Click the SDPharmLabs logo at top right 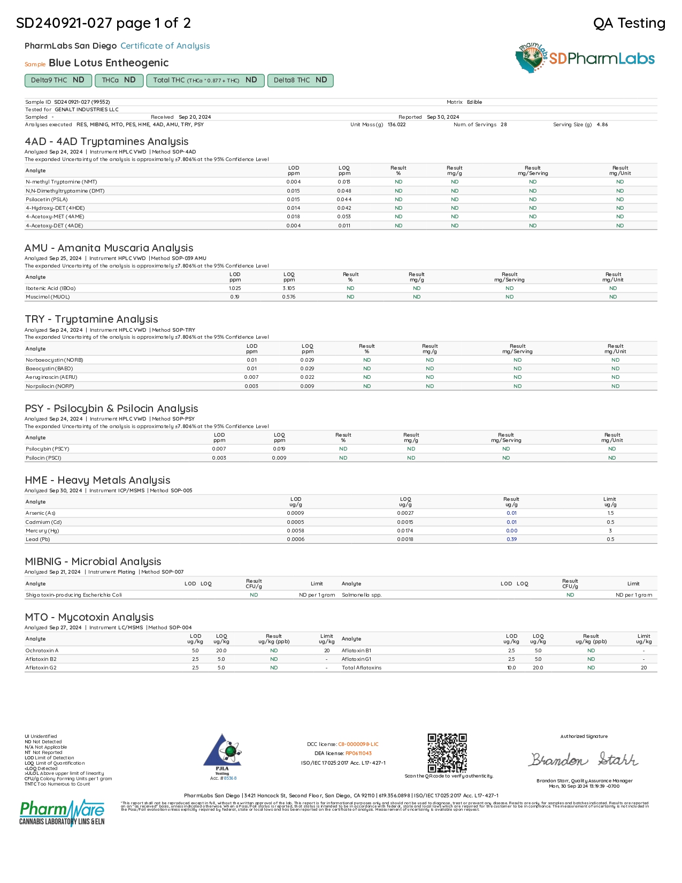point(585,58)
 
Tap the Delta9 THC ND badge point(58,80)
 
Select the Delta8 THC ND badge point(300,80)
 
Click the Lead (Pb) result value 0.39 point(511,539)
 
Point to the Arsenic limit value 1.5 point(610,513)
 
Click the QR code point(447,753)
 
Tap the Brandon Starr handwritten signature point(583,759)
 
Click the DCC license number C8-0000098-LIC point(358,744)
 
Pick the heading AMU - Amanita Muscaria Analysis point(109,248)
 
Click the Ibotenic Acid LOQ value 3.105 point(289,288)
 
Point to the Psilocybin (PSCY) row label point(48,449)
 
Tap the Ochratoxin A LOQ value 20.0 point(221,651)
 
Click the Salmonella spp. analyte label point(362,595)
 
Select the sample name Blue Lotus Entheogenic point(109,63)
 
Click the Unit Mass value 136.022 point(396,125)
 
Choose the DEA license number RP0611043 point(358,753)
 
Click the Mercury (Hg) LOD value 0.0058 point(296,531)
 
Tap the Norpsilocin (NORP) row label point(50,386)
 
